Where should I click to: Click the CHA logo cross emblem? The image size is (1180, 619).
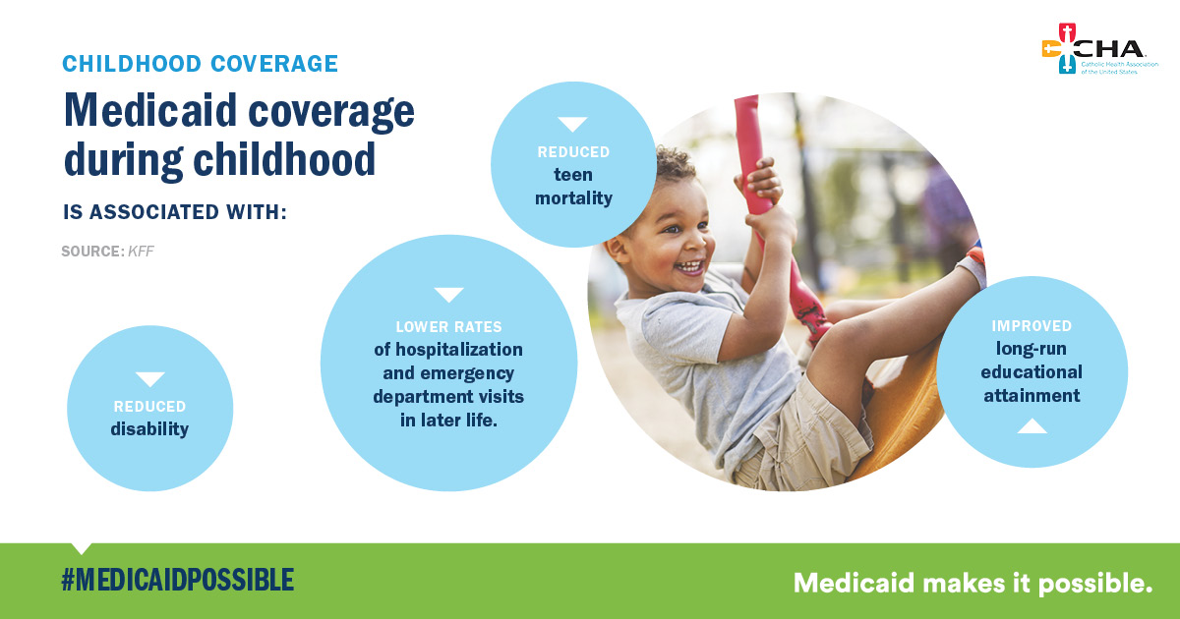(1066, 48)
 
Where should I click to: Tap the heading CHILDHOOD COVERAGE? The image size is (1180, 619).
(201, 64)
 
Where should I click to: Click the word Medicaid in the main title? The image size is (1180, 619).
(150, 110)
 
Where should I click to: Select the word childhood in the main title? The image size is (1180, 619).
(284, 159)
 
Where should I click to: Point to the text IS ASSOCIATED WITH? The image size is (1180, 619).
(175, 212)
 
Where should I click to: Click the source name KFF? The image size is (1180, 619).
(142, 252)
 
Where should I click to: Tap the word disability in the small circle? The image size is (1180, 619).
(149, 429)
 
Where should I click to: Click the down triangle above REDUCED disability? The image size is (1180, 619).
(150, 379)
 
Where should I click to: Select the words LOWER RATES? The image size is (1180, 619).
(448, 327)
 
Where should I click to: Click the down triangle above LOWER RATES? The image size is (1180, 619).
(448, 295)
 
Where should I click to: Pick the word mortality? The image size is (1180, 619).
(573, 197)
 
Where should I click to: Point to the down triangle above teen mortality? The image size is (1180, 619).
(572, 124)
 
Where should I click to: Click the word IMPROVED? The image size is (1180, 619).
(1032, 326)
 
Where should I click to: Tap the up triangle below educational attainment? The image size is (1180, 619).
(1032, 425)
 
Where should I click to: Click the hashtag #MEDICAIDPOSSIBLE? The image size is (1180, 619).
(178, 580)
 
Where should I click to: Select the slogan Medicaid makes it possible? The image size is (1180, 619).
(973, 584)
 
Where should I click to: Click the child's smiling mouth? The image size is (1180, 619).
(690, 267)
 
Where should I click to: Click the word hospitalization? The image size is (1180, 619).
(459, 350)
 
